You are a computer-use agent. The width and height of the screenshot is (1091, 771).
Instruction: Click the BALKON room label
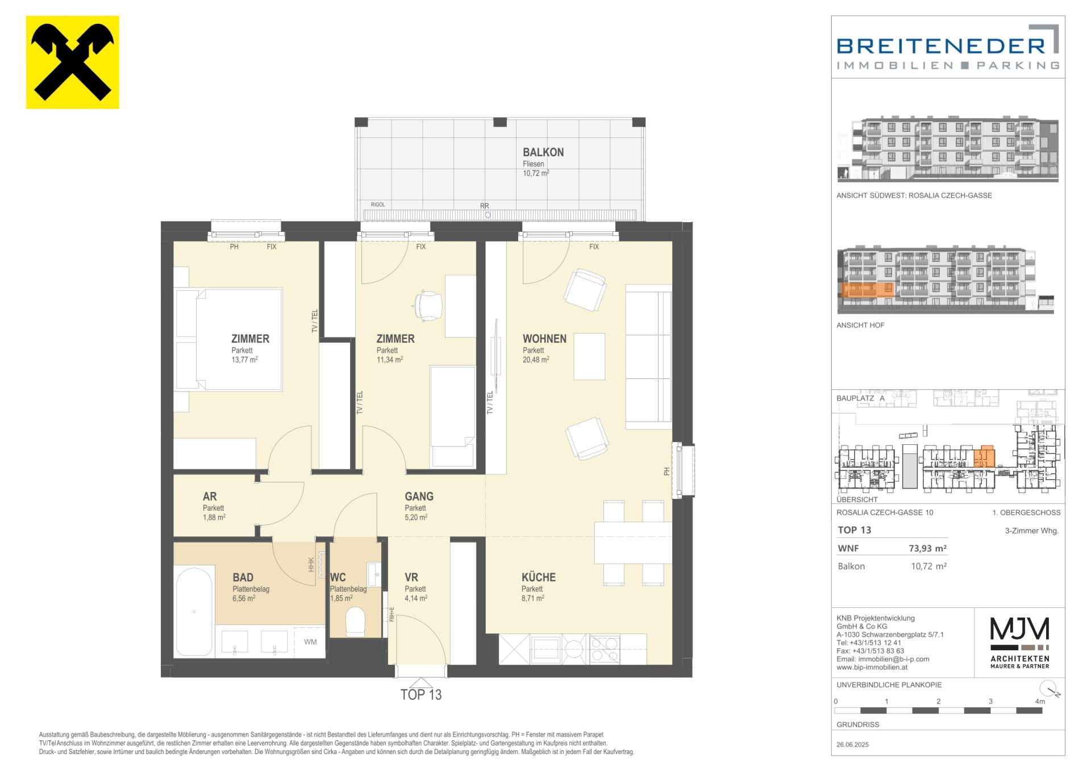click(x=543, y=152)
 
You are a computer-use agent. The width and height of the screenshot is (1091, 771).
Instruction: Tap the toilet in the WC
click(x=356, y=622)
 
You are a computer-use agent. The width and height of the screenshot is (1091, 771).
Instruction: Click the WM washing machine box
click(x=310, y=642)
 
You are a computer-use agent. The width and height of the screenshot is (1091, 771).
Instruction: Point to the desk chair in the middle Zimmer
click(x=428, y=305)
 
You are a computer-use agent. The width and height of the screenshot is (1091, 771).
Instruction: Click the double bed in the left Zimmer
click(x=229, y=340)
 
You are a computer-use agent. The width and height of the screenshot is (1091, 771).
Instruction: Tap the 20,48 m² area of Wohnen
click(x=536, y=360)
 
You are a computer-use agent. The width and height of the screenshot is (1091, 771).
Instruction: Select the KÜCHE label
click(x=539, y=577)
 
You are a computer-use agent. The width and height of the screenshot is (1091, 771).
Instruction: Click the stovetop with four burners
click(x=606, y=649)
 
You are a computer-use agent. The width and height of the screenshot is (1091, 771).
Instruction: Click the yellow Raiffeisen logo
click(x=73, y=62)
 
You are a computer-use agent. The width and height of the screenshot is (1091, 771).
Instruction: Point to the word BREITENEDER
click(x=941, y=45)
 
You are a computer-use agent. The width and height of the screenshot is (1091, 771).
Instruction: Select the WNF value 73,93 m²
click(x=928, y=549)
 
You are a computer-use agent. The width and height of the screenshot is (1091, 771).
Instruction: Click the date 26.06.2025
click(x=853, y=744)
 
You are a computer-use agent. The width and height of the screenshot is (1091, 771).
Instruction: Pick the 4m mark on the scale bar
click(x=1040, y=702)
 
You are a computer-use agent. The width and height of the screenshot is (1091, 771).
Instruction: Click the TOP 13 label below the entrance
click(x=421, y=694)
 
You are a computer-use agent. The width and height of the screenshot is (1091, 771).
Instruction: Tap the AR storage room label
click(x=210, y=497)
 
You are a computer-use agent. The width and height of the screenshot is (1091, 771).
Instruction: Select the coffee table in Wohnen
click(x=589, y=356)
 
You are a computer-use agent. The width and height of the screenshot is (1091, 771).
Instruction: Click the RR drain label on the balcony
click(x=484, y=206)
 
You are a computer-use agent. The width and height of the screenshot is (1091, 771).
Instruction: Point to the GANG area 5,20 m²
click(x=416, y=518)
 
